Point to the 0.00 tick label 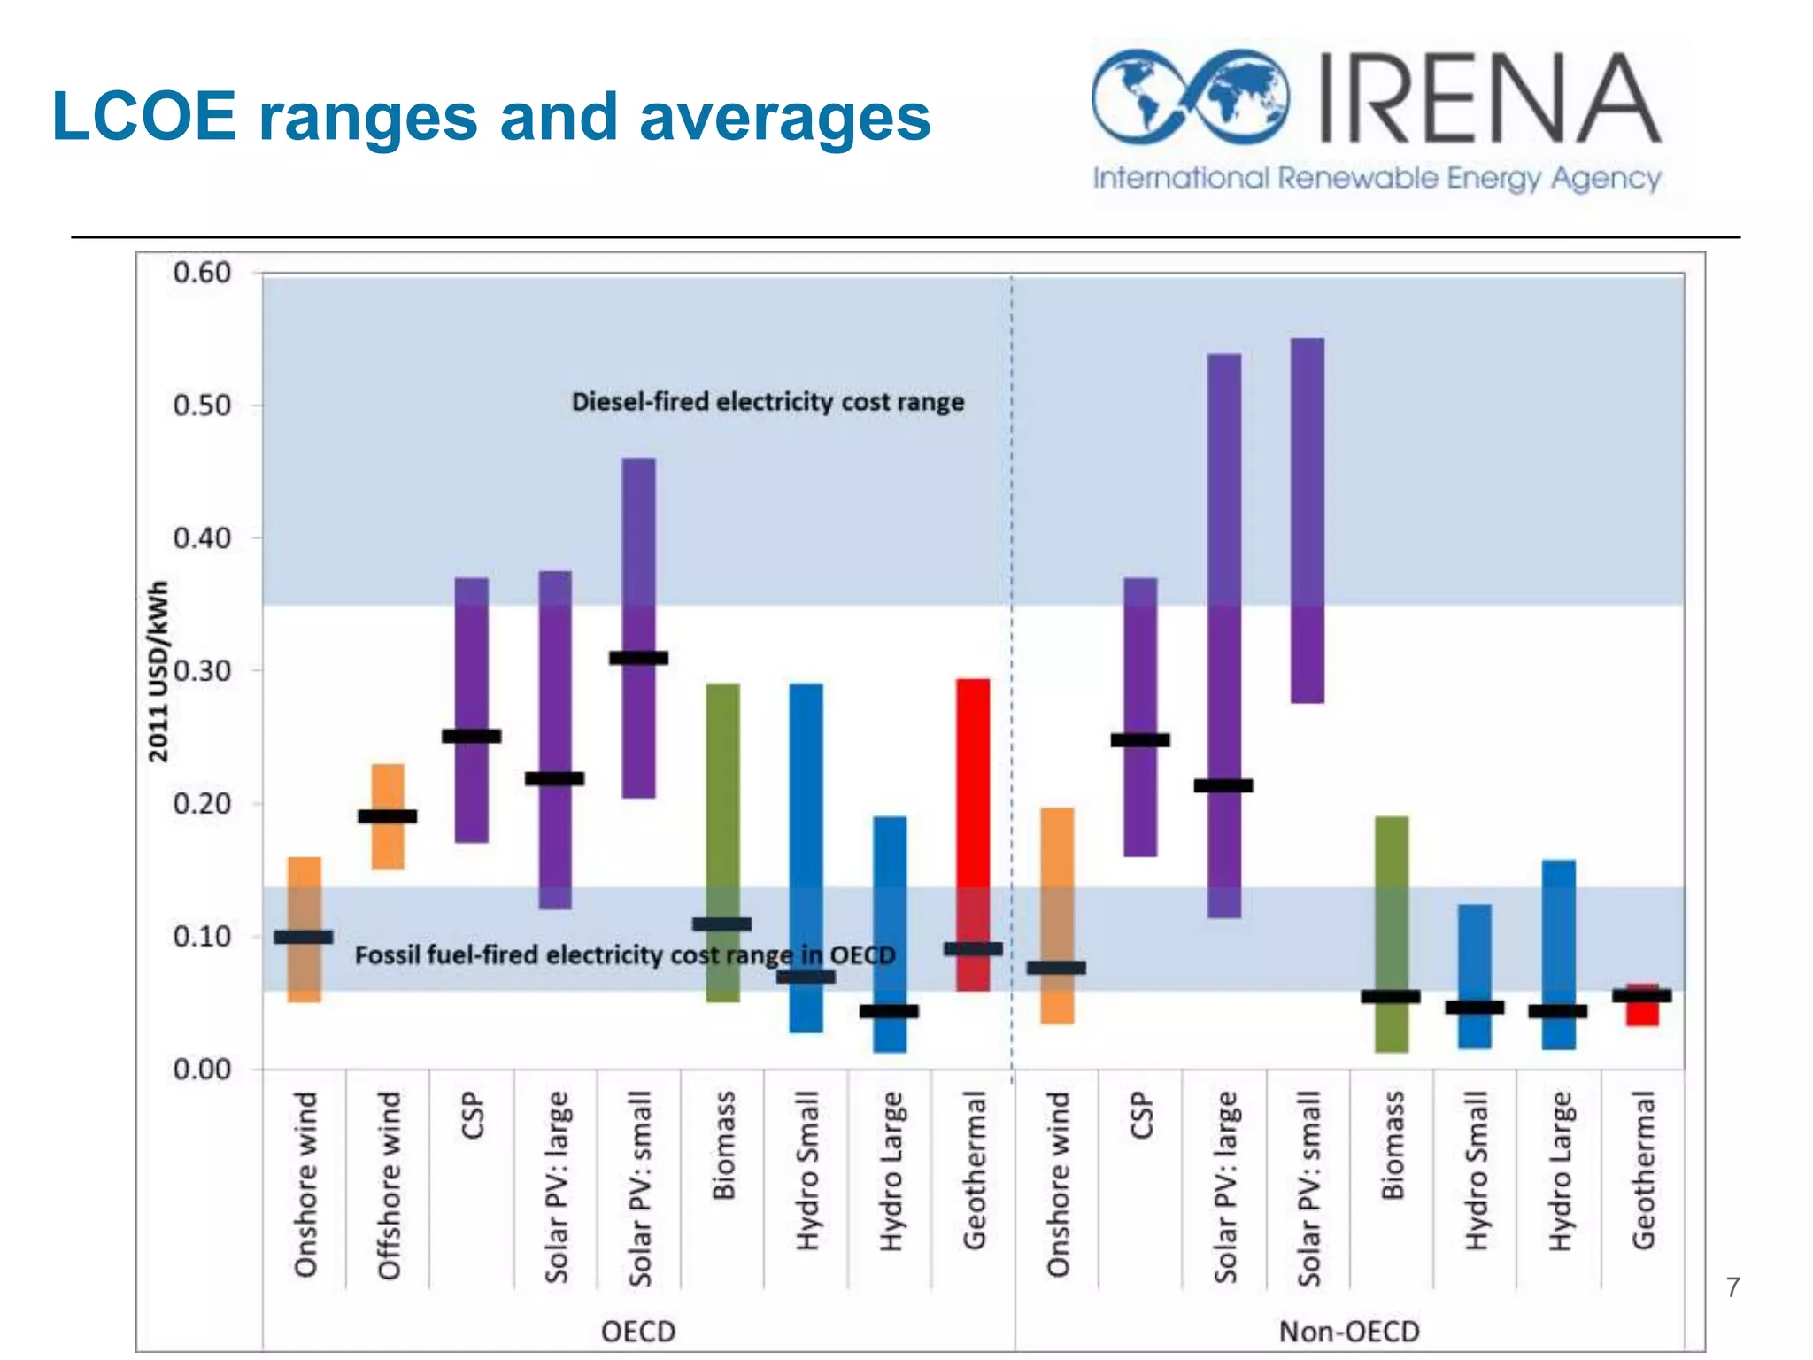203,1070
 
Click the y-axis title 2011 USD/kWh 158,671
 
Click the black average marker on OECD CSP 471,736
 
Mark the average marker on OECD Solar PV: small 638,658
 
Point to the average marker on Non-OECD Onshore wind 1056,967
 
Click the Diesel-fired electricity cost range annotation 768,402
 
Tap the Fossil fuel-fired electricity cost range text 625,955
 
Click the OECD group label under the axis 638,1331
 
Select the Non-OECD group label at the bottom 1349,1331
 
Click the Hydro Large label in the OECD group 891,1171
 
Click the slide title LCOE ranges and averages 491,116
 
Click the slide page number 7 1732,1287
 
